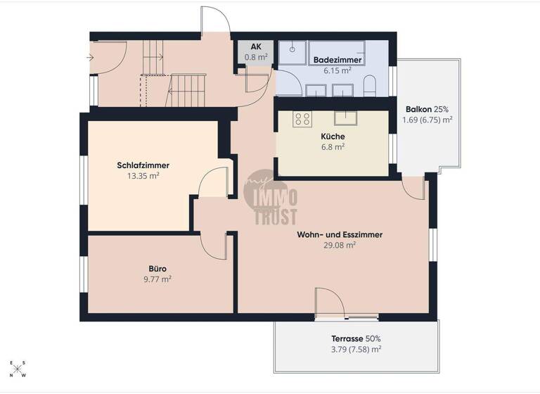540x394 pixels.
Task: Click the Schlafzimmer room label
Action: [143, 166]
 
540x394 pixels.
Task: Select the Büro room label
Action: [157, 268]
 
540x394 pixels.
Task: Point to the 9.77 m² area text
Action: [157, 279]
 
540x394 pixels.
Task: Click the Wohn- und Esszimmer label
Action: [340, 235]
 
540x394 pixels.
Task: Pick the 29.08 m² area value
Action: [340, 246]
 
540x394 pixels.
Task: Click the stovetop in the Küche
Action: [302, 119]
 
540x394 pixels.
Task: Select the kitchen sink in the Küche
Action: [345, 117]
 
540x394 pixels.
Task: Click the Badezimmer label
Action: [337, 61]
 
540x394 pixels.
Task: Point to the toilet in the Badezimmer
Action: [371, 87]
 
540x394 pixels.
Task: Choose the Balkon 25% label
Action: [427, 109]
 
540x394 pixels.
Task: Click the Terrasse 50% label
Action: [356, 338]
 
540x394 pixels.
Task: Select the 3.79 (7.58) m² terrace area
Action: [356, 349]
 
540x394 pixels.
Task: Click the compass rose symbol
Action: [18, 369]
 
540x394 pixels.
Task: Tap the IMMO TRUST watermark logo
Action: [271, 199]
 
